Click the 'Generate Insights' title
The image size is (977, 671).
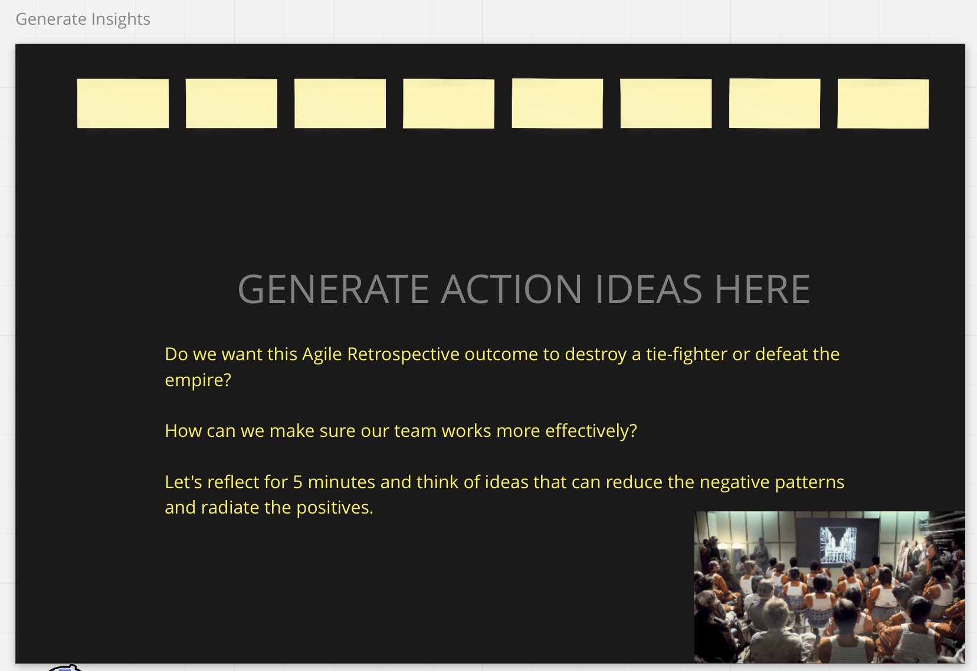click(83, 19)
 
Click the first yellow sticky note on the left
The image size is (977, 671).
click(123, 103)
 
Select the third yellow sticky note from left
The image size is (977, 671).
click(340, 103)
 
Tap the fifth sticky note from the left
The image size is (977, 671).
click(558, 103)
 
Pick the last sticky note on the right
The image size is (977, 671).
click(883, 104)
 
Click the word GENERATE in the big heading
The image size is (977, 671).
click(333, 289)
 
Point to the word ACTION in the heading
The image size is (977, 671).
click(512, 289)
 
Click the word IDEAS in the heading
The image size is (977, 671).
click(648, 289)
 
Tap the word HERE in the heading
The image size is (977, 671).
click(762, 289)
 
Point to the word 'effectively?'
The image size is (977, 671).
click(591, 431)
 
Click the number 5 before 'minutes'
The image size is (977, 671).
click(297, 482)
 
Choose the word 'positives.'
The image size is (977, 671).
click(335, 508)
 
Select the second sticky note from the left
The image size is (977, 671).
click(232, 103)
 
